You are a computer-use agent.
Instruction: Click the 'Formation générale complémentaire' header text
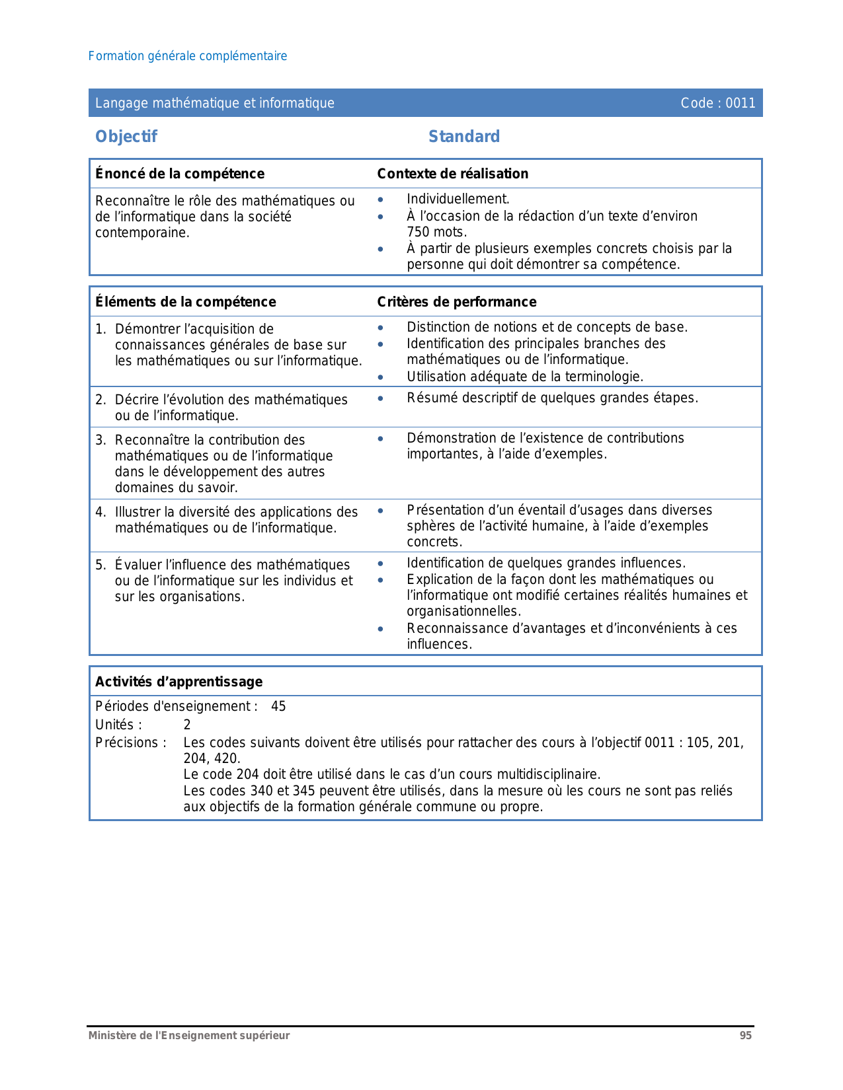coord(188,56)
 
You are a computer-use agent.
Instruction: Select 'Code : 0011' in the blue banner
coord(717,103)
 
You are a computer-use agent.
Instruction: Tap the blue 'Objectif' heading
coord(126,137)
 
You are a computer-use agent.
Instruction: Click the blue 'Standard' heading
coord(463,137)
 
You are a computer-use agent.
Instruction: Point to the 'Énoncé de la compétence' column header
coord(180,174)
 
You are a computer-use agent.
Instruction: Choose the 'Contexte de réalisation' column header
coord(453,174)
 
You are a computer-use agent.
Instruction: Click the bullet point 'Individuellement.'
coord(458,200)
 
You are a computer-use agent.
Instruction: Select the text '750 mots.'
coord(437,232)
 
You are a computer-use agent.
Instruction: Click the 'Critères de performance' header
coord(457,302)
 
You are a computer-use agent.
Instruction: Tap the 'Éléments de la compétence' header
coord(186,302)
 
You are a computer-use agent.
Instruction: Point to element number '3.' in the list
coord(100,441)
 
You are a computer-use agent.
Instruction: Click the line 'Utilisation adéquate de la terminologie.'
coord(525,377)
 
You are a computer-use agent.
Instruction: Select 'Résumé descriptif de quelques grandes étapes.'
coord(552,398)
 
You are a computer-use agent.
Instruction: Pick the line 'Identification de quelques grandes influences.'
coord(546,563)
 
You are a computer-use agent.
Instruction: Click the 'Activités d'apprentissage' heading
coord(179,682)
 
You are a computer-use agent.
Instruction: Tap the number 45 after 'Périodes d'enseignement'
coord(278,707)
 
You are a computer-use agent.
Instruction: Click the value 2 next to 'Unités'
coord(187,725)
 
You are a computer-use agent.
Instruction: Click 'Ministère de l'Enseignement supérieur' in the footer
coord(189,1036)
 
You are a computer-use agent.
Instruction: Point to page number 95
coord(745,1036)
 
